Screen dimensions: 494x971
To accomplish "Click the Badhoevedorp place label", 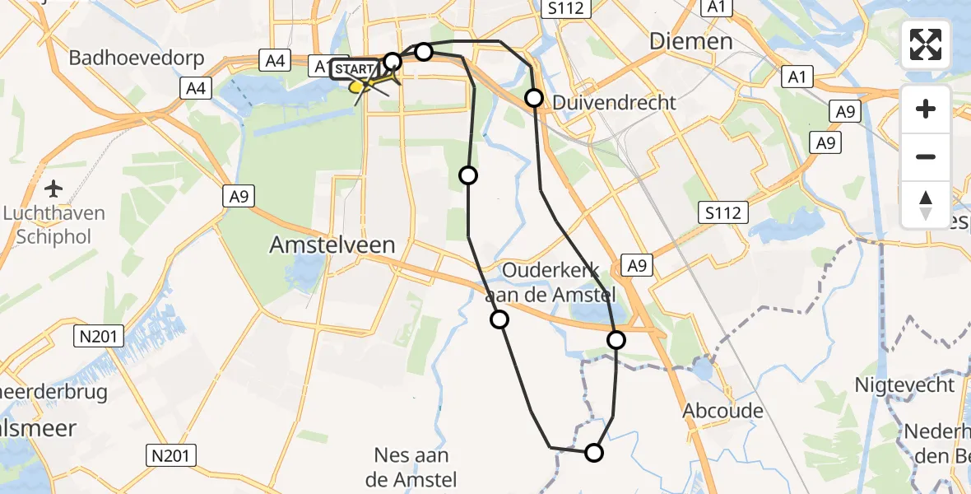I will click(132, 58).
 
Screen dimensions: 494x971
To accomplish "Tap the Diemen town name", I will click(690, 41).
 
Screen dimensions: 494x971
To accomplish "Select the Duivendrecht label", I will click(615, 103).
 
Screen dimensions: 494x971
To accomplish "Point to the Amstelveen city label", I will click(334, 245).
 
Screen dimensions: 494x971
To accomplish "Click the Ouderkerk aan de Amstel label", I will click(559, 282).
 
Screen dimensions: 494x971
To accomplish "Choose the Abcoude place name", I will click(723, 410).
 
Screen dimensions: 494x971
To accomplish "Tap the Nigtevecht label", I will click(904, 384).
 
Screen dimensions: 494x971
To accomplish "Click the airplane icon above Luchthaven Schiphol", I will click(54, 189).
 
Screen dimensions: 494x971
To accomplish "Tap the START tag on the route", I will click(354, 68).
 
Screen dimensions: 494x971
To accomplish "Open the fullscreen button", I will click(926, 44).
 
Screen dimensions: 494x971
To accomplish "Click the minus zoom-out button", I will click(926, 156).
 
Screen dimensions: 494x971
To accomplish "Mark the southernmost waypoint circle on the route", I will click(593, 452).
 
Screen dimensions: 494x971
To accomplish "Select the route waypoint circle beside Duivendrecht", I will click(534, 99).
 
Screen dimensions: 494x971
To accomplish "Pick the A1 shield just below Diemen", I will click(796, 77).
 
